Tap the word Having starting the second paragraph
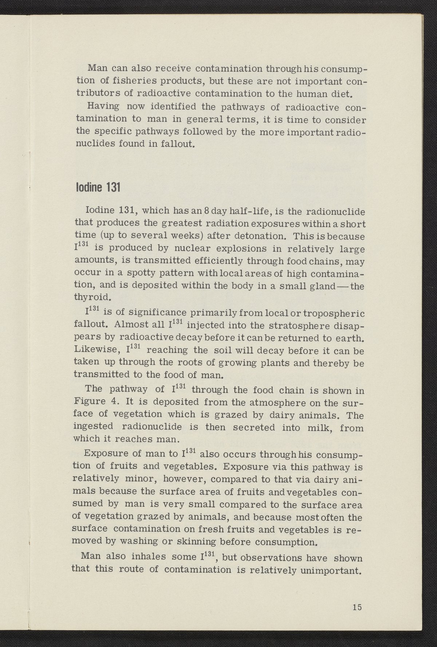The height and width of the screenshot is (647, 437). click(103, 107)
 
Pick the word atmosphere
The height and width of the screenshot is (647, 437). click(265, 403)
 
